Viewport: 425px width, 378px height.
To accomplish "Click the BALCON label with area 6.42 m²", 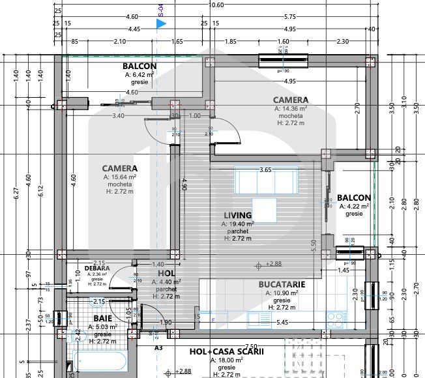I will (139, 66).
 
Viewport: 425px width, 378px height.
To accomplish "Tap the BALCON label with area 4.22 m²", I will (354, 197).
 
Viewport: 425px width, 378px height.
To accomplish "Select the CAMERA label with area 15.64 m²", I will (119, 168).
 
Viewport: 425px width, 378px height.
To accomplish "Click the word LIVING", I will (237, 215).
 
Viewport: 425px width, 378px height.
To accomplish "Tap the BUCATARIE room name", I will (282, 285).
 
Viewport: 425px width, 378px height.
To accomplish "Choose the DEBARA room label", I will (97, 268).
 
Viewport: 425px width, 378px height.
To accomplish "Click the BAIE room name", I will (102, 318).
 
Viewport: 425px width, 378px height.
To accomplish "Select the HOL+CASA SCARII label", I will (226, 351).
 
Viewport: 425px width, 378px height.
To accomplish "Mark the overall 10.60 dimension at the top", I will (215, 5).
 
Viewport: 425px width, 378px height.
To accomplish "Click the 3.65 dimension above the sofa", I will (265, 169).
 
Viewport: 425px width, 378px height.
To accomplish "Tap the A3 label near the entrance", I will (158, 348).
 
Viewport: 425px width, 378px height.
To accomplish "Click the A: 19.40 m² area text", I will (237, 224).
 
